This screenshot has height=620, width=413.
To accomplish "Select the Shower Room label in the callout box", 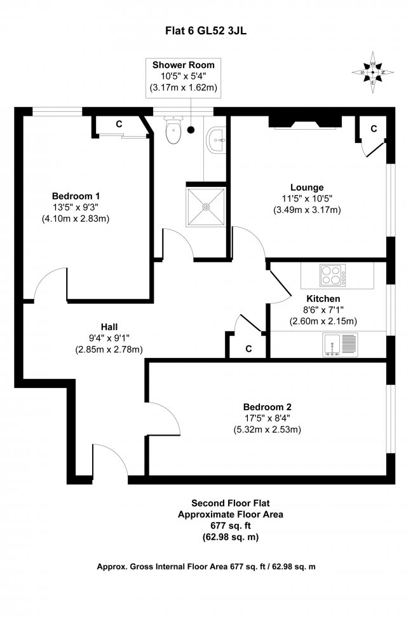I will tap(184, 65).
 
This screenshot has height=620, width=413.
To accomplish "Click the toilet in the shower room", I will tap(172, 132).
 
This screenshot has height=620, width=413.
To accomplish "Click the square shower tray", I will tap(206, 205).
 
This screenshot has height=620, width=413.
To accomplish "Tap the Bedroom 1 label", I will tap(76, 195).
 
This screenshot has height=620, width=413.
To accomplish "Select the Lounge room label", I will tap(307, 187).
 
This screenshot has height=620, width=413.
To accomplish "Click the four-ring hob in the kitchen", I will tap(331, 275).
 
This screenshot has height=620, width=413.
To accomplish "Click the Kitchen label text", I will tap(323, 298).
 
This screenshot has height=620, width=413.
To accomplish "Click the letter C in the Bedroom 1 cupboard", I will tap(119, 125).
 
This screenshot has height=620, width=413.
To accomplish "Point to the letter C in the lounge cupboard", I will tap(374, 128).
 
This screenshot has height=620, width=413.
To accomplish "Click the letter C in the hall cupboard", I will tap(248, 348).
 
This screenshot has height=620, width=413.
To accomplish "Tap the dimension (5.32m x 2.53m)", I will tap(266, 429).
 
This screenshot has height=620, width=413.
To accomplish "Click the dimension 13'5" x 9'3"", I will tap(76, 207).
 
